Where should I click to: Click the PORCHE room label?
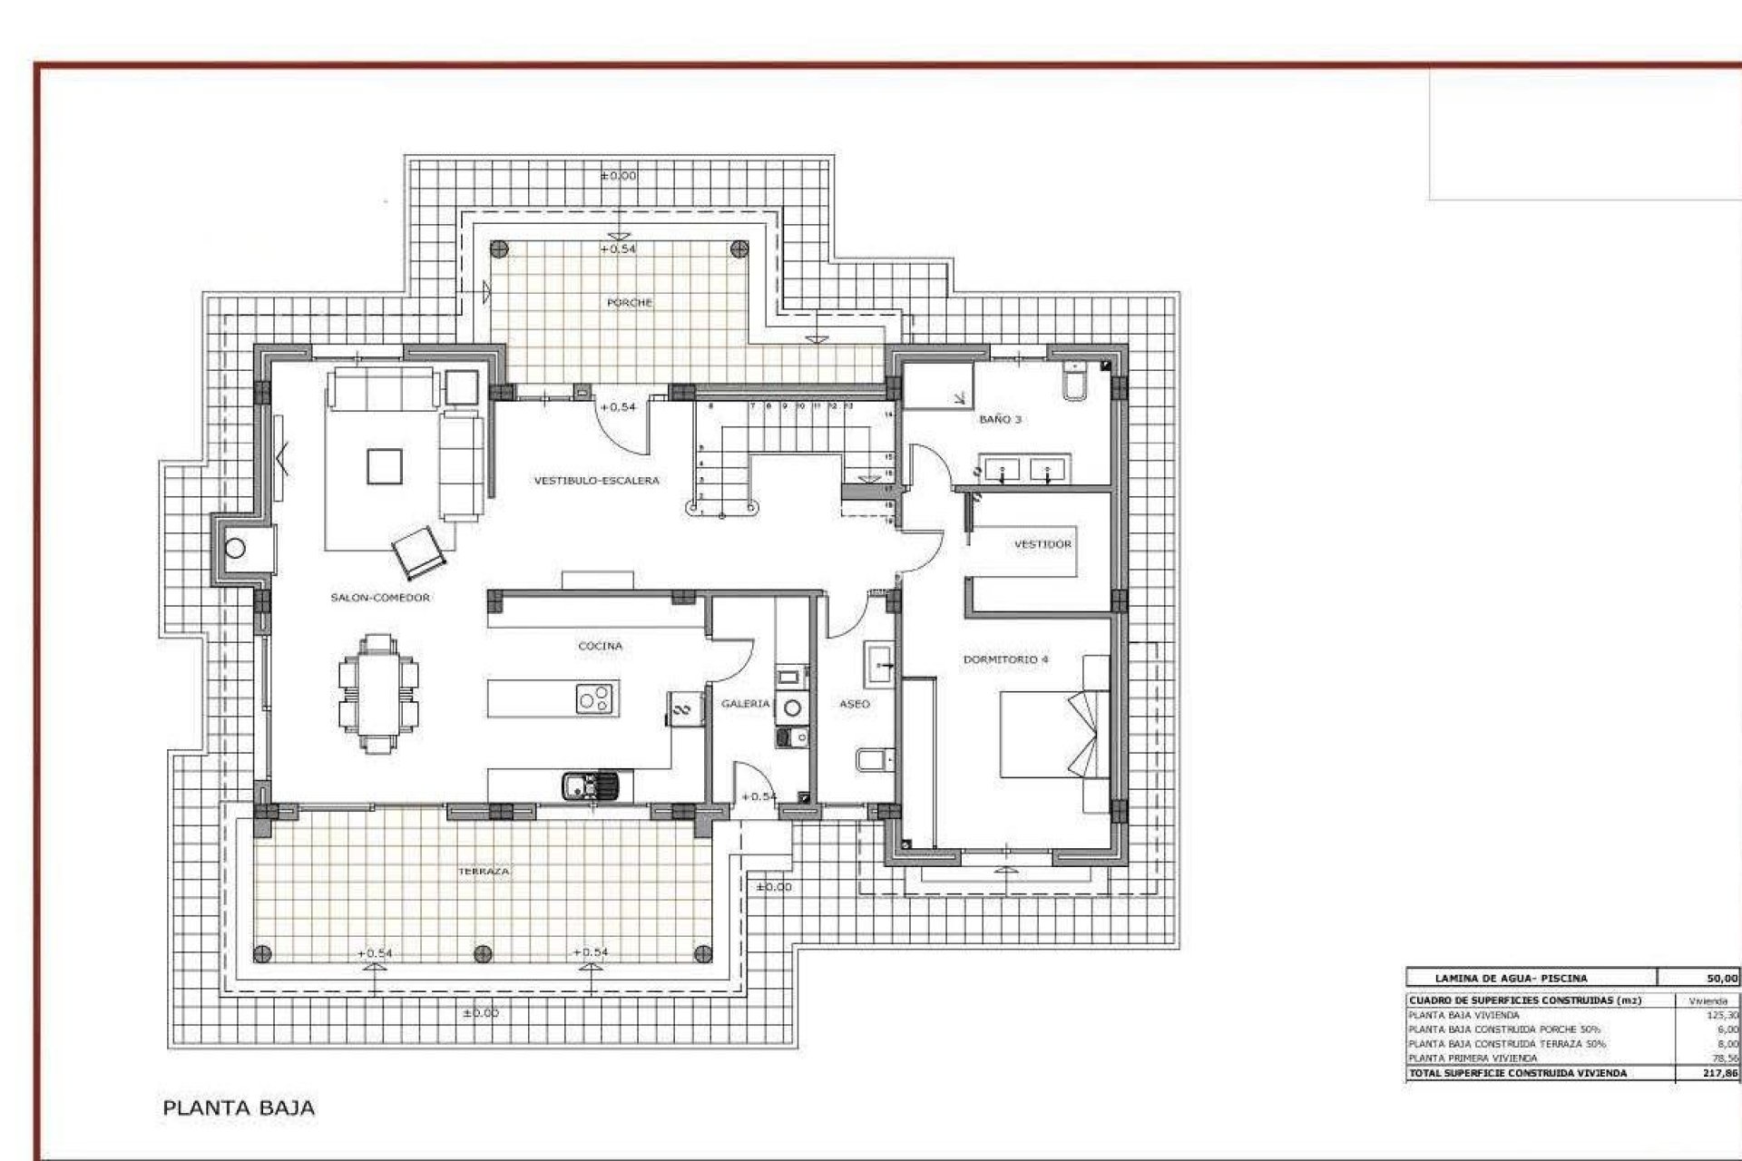[629, 303]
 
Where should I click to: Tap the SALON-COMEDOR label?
[380, 598]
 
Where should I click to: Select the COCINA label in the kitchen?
[601, 647]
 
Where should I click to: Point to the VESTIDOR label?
[1042, 544]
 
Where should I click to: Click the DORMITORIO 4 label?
[1005, 659]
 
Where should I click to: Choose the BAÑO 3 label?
[1000, 420]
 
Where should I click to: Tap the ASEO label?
[855, 704]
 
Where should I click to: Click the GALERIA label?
[745, 704]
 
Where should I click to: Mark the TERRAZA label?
[484, 871]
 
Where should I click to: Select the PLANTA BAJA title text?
[239, 1107]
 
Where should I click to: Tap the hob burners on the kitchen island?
[596, 698]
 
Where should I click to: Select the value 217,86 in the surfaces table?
[1721, 1073]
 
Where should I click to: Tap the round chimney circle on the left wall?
[236, 548]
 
